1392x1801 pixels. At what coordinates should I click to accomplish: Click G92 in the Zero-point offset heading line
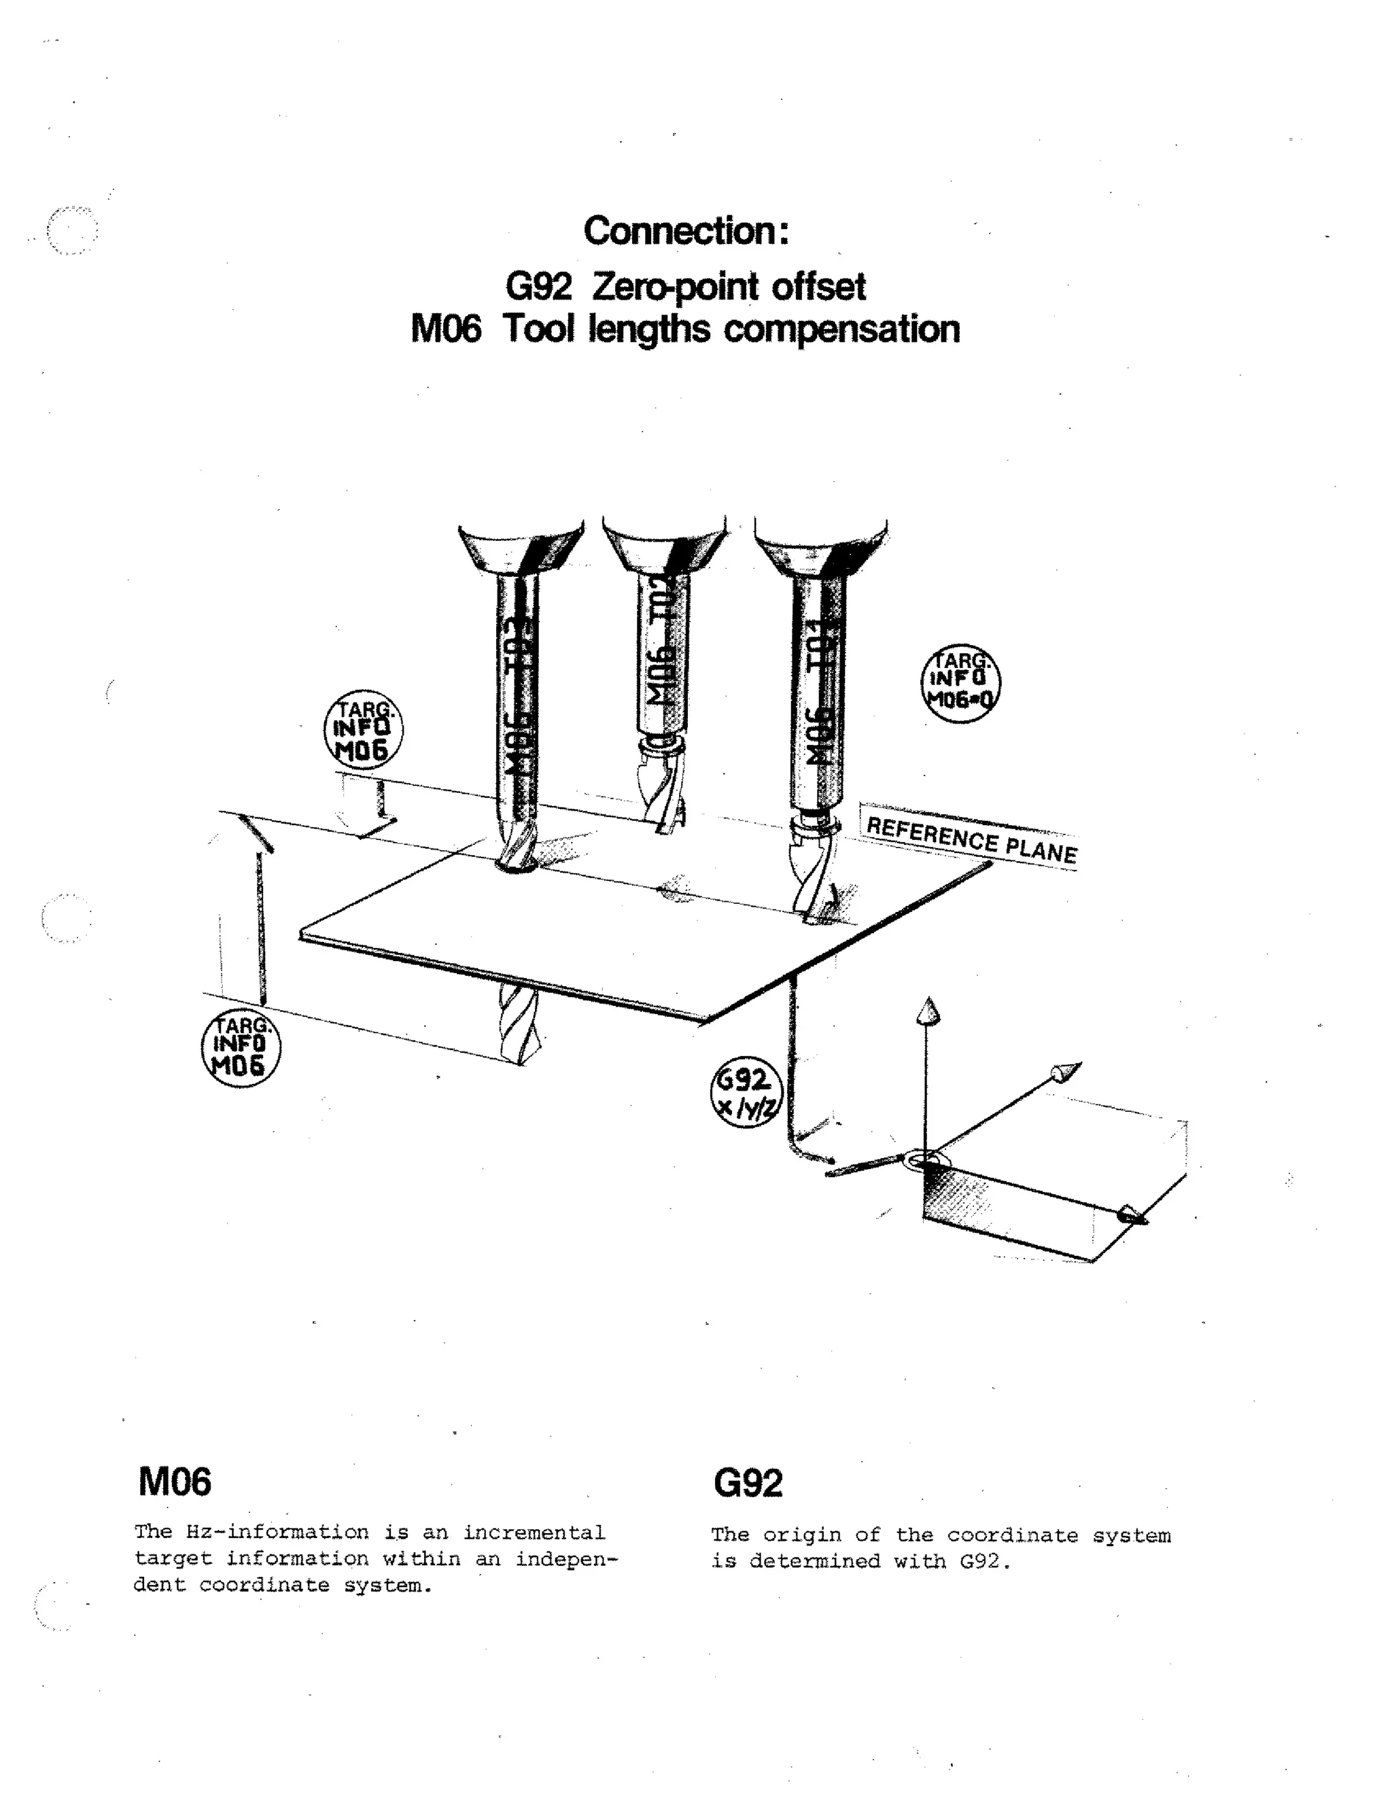tap(538, 287)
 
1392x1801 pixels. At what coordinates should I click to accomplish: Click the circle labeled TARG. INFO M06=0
tap(960, 684)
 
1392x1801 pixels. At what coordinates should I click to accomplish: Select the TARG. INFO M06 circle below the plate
tap(241, 1048)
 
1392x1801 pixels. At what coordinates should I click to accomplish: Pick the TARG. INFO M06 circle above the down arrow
tap(363, 729)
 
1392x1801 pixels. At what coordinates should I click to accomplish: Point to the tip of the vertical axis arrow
tap(928, 1008)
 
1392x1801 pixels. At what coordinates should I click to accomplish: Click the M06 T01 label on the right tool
tap(816, 701)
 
